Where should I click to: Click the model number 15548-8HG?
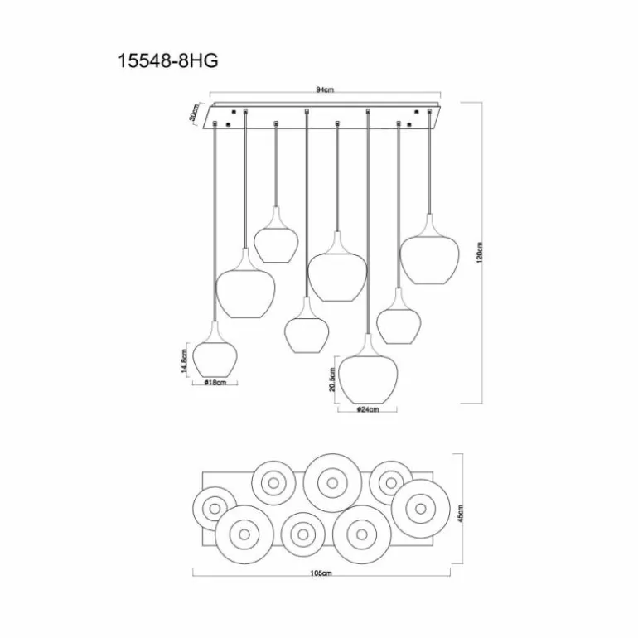click(x=167, y=61)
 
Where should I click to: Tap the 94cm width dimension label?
click(x=324, y=89)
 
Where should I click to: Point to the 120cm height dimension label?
click(x=479, y=253)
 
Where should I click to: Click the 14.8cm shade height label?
click(x=184, y=361)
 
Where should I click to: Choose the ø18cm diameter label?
click(x=215, y=383)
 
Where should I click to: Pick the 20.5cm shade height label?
click(x=332, y=379)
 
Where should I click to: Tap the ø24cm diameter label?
click(x=367, y=410)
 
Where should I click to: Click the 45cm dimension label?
click(x=460, y=514)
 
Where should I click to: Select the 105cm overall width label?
click(x=321, y=573)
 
